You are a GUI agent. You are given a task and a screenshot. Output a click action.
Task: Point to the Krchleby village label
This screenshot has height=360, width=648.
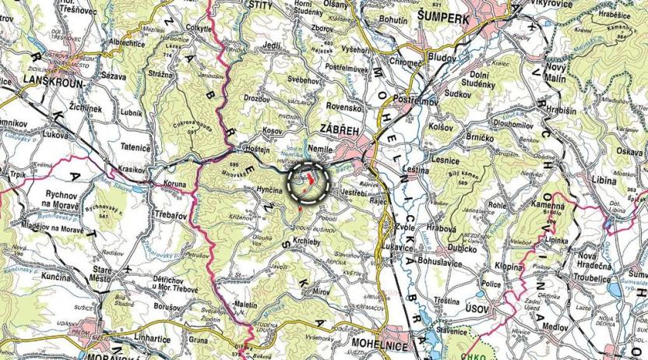pos(314,244)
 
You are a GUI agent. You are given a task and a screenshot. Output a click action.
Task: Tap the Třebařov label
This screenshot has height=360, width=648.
pos(155,211)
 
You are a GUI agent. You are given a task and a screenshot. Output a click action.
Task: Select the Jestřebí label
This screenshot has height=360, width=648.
pos(354,191)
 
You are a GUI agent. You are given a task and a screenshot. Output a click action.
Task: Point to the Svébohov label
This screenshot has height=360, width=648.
pos(305,80)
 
